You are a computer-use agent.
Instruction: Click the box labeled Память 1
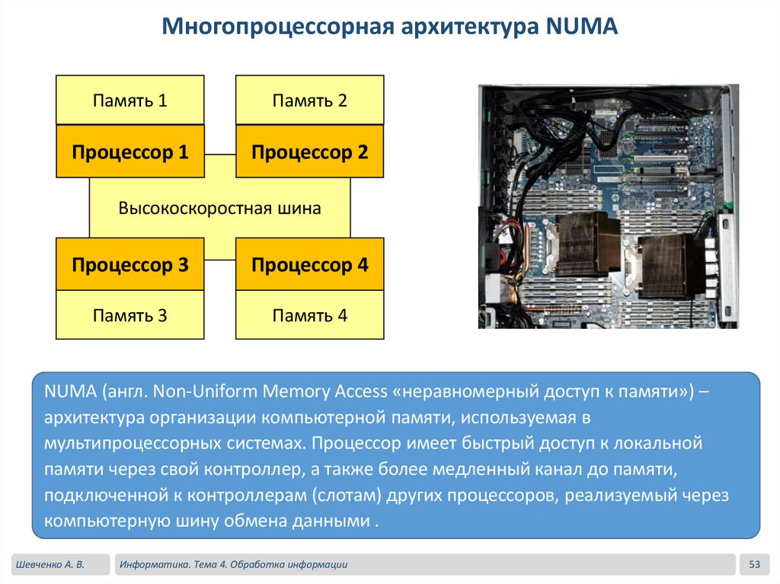pyautogui.click(x=130, y=100)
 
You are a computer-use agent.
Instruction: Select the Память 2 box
pyautogui.click(x=310, y=100)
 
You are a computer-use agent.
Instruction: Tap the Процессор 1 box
pyautogui.click(x=130, y=152)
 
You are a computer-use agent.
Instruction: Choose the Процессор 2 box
pyautogui.click(x=310, y=152)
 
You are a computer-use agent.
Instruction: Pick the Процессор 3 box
pyautogui.click(x=130, y=264)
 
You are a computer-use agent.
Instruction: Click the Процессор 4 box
pyautogui.click(x=310, y=264)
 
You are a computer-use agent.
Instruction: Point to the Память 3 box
pyautogui.click(x=130, y=314)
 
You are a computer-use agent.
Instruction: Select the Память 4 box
pyautogui.click(x=310, y=314)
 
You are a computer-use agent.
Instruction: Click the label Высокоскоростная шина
pyautogui.click(x=219, y=208)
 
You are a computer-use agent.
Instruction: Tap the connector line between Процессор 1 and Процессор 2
pyautogui.click(x=220, y=152)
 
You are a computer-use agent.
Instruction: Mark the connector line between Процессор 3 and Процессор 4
pyautogui.click(x=220, y=260)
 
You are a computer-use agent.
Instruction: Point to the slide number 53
pyautogui.click(x=755, y=564)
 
